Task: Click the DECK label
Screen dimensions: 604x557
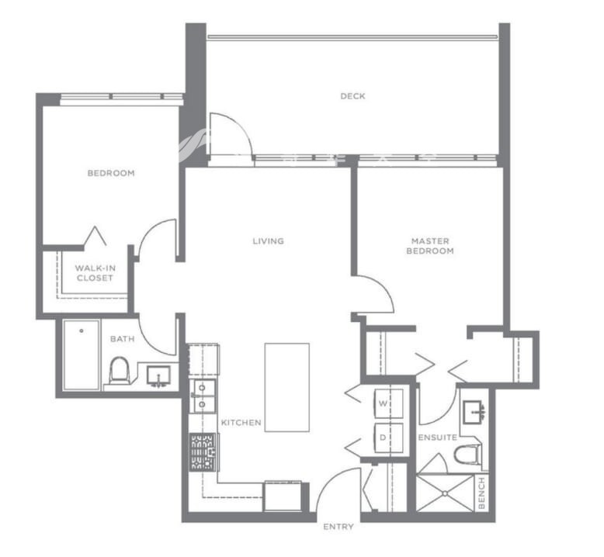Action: point(352,96)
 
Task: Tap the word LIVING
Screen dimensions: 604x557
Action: point(268,241)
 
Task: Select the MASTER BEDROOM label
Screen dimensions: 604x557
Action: point(430,246)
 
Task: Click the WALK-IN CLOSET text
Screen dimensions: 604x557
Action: point(95,273)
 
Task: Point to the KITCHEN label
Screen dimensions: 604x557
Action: point(241,423)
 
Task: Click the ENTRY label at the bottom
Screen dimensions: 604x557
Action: point(338,527)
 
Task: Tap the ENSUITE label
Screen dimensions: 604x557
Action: point(438,438)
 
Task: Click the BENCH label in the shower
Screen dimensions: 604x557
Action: point(481,493)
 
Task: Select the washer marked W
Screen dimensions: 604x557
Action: point(389,403)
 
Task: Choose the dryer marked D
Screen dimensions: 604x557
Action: point(389,438)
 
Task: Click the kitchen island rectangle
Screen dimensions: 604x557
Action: point(287,387)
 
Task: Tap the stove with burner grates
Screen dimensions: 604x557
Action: point(203,452)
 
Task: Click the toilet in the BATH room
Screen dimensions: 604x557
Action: point(119,370)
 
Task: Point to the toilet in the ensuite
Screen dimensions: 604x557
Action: point(468,455)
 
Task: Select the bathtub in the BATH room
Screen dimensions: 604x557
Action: point(82,355)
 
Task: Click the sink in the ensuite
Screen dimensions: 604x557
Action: point(474,412)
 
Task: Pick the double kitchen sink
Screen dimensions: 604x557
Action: point(203,396)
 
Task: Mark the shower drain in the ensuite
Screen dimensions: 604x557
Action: point(445,493)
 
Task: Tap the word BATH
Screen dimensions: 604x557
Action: point(123,339)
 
